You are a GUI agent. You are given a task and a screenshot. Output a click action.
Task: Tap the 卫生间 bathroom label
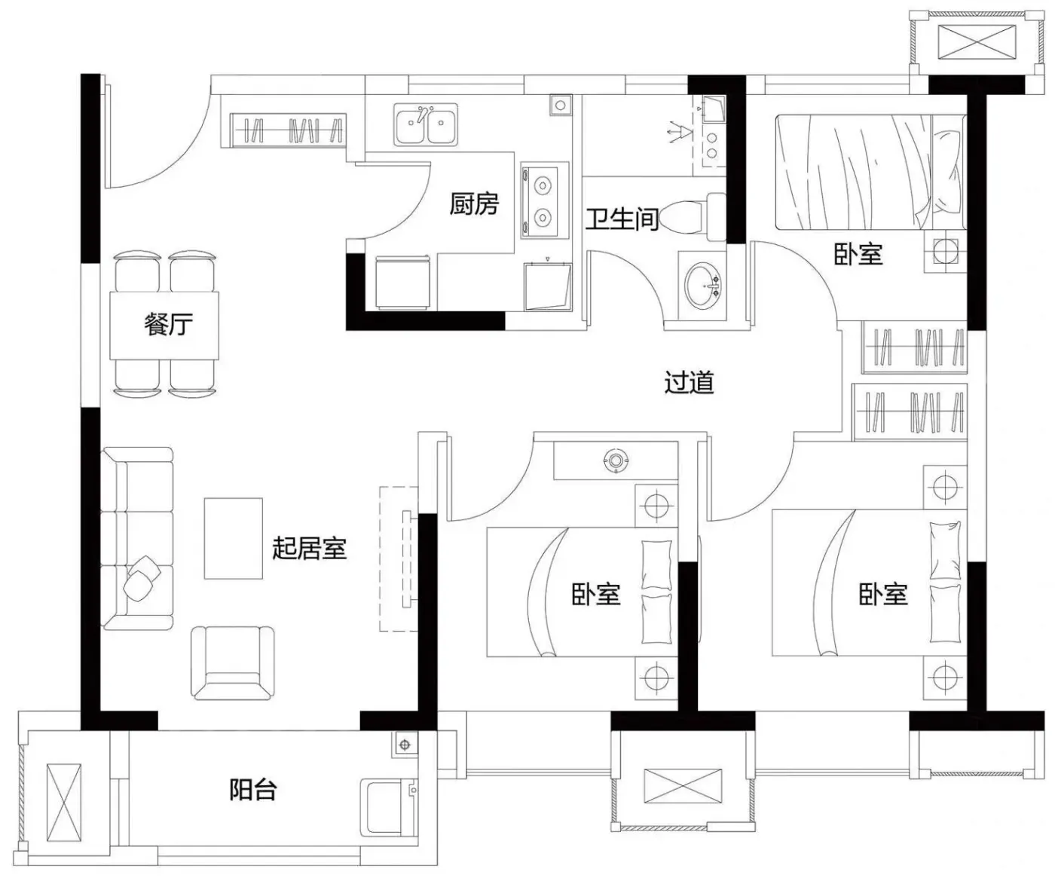tap(622, 219)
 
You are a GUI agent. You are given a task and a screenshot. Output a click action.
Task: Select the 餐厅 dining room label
tap(168, 324)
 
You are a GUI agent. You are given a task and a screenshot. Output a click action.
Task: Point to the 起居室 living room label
tap(309, 548)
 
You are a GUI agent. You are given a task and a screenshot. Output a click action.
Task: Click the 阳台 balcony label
tap(252, 790)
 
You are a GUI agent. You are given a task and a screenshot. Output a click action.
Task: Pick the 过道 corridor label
tap(689, 383)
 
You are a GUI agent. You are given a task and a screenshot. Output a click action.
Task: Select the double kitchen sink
tap(426, 124)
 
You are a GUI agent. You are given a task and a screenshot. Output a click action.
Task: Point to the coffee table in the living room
tap(233, 538)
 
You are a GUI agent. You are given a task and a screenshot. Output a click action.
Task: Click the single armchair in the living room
tap(232, 663)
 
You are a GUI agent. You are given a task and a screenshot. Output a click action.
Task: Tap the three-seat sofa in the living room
tap(137, 538)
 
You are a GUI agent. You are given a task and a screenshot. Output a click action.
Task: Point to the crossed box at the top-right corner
tap(970, 42)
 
